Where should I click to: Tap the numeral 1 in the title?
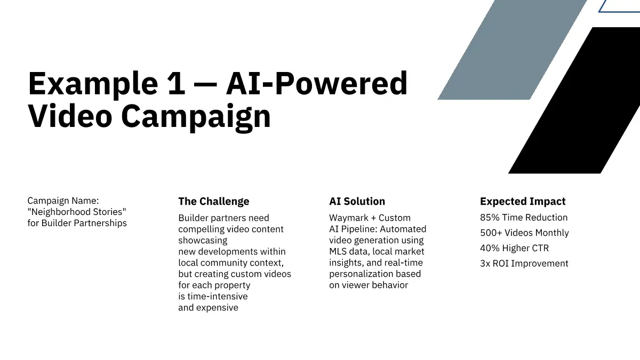177,83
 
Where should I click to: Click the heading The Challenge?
214,201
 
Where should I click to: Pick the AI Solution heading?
357,201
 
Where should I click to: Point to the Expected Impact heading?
523,202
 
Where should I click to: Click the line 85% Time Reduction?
524,218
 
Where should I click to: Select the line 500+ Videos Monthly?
524,233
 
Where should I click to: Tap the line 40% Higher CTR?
514,248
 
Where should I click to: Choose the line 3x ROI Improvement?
524,263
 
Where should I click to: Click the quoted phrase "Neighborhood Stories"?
77,212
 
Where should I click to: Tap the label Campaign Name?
63,201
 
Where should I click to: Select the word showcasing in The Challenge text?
203,241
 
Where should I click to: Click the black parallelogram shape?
574,100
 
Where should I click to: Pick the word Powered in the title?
342,83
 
